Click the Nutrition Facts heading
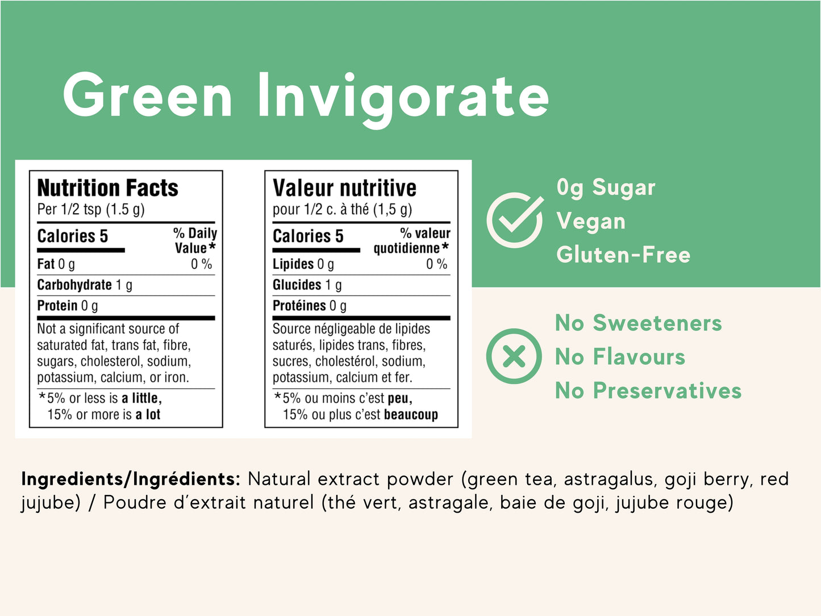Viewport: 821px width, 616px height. (x=108, y=188)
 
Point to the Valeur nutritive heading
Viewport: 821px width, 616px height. (x=344, y=188)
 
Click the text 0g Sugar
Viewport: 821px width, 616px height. (x=606, y=188)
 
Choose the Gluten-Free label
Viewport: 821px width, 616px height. (x=623, y=255)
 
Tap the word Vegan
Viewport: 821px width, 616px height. (x=590, y=222)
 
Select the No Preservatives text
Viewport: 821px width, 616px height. (x=648, y=390)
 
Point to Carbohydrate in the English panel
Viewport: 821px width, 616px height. (x=74, y=285)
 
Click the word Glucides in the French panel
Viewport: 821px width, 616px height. (x=297, y=285)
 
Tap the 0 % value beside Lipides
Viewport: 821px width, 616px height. (x=436, y=264)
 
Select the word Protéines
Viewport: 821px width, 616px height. (x=299, y=306)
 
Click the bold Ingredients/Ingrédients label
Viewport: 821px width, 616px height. (x=131, y=479)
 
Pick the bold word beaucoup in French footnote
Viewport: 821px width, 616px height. (x=411, y=414)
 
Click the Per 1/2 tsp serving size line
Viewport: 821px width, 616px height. (x=91, y=210)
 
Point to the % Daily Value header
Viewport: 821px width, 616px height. (x=195, y=240)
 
